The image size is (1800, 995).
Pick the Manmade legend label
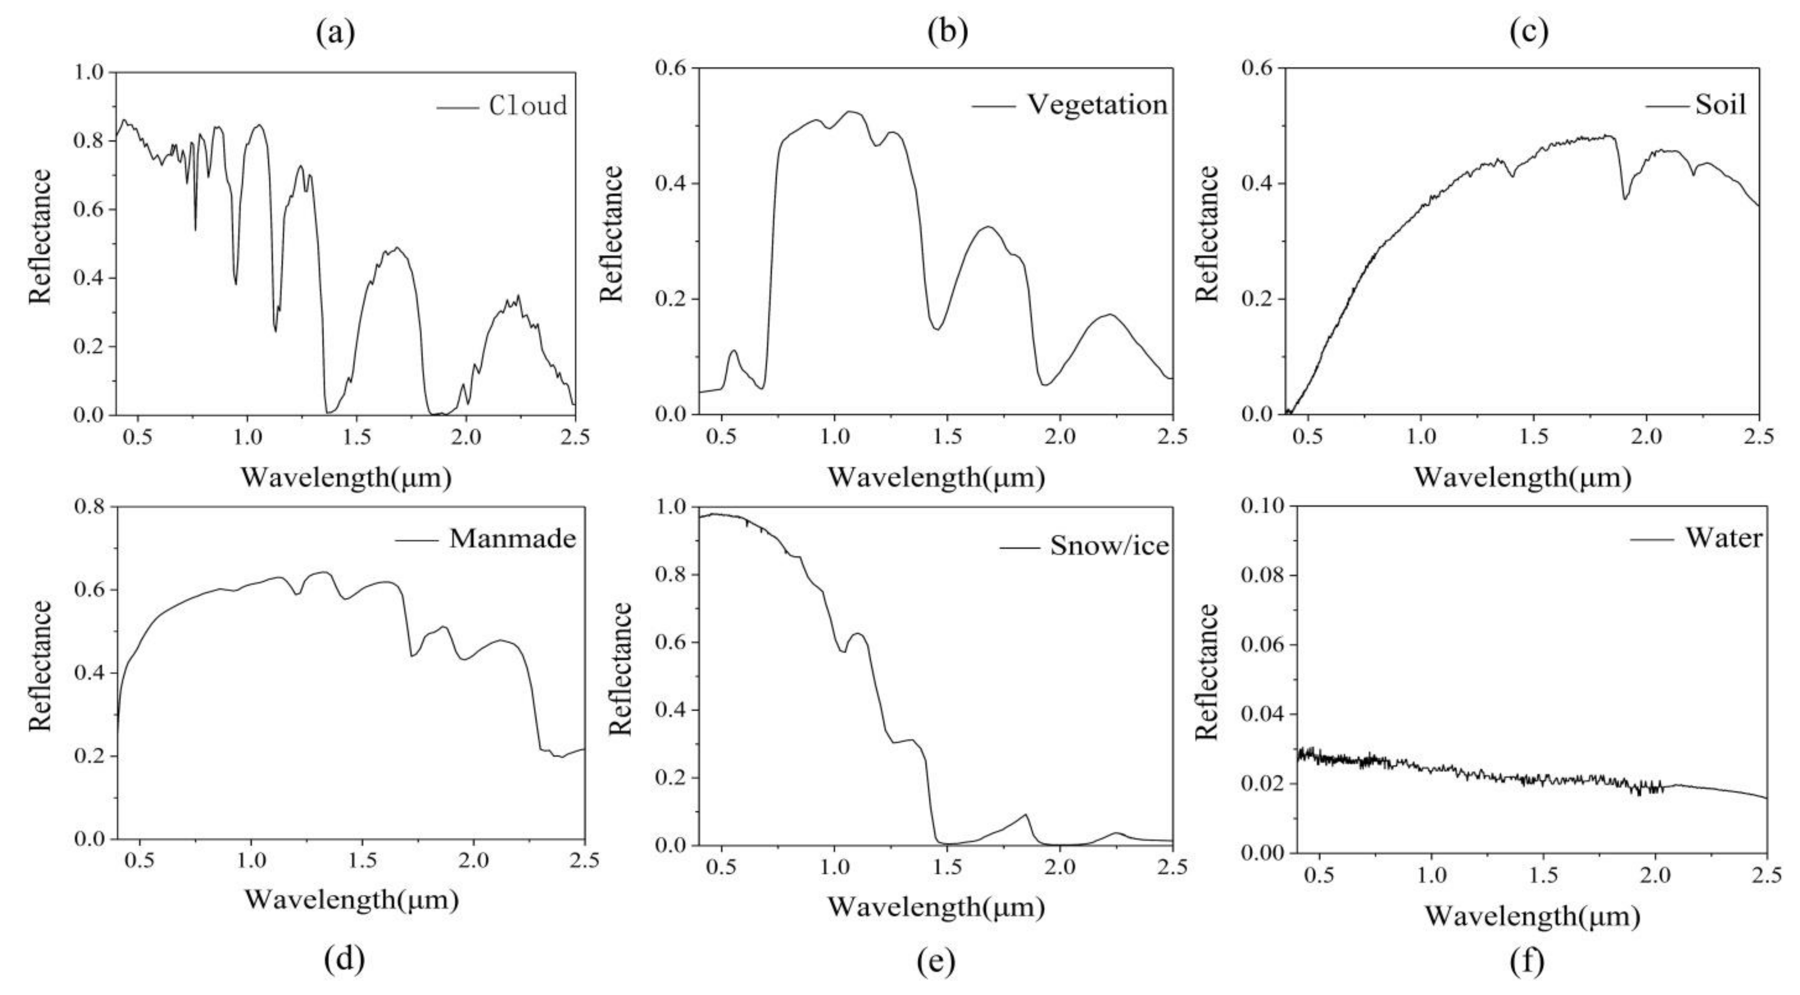(513, 538)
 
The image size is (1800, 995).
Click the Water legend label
(1723, 537)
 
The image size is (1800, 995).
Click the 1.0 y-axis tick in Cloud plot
(89, 73)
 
